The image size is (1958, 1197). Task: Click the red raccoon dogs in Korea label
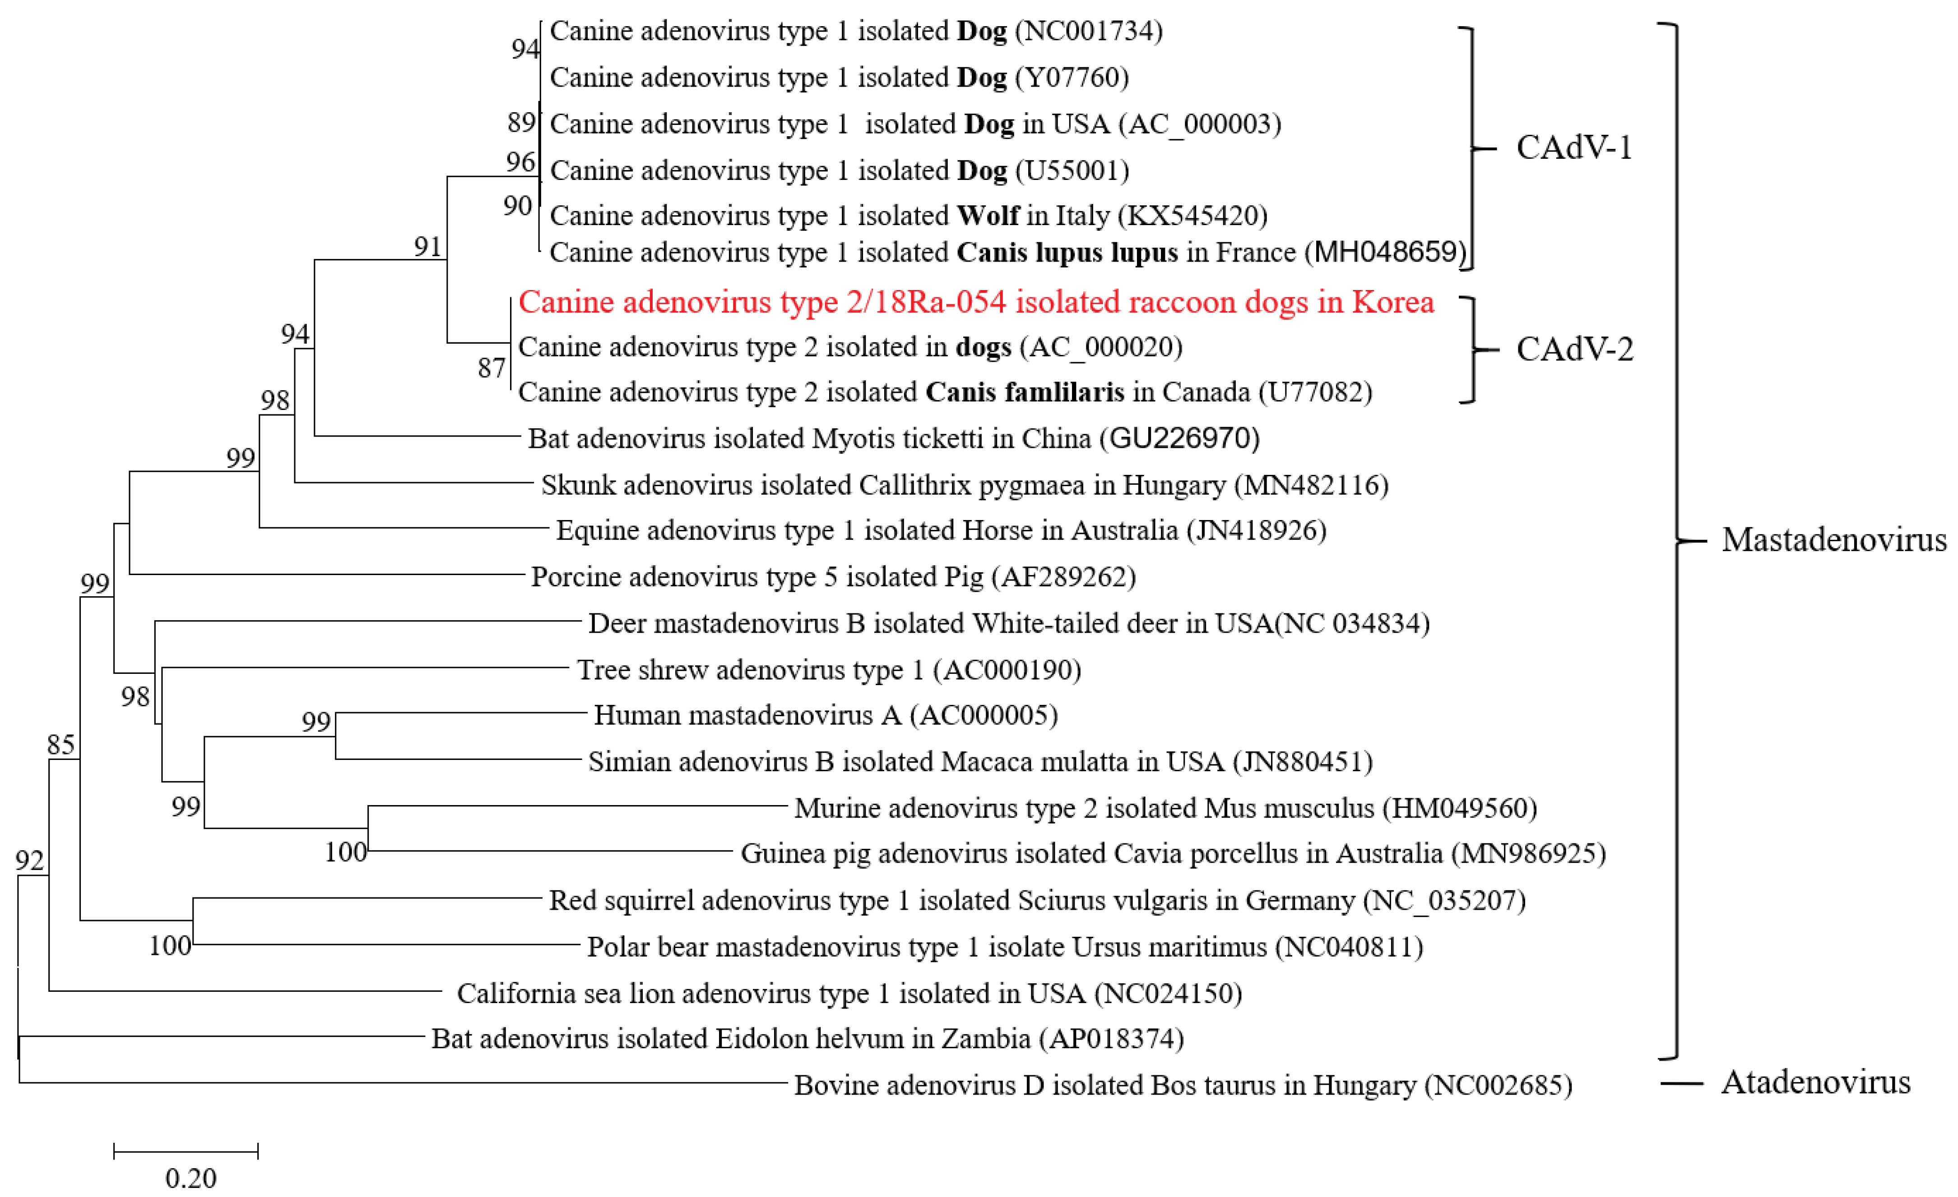pos(976,303)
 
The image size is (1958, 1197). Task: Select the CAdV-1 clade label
pos(1573,148)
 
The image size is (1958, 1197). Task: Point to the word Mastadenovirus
pos(1833,540)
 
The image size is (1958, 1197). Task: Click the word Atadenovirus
pos(1815,1082)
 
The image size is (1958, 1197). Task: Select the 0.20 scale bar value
pos(191,1177)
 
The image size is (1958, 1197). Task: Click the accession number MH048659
pos(1388,253)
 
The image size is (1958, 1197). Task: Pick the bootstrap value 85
pos(60,745)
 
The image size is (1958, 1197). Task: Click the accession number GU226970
pos(1183,438)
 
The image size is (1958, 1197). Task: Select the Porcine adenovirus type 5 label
pos(833,577)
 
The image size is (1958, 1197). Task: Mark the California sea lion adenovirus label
pos(849,994)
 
